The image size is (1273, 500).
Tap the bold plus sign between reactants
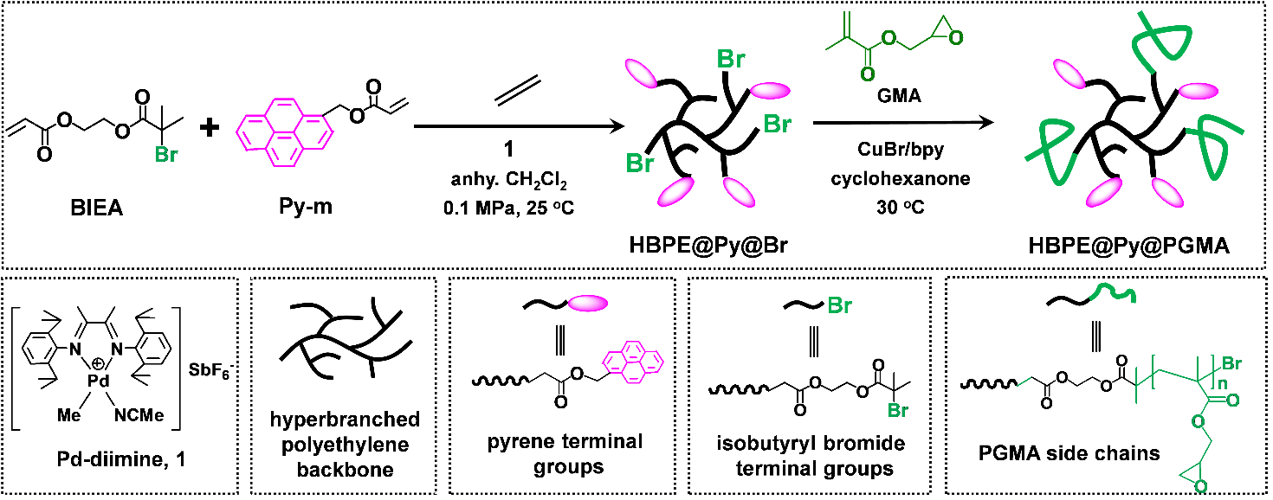tap(209, 129)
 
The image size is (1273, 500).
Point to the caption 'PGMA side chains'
tap(1072, 452)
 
